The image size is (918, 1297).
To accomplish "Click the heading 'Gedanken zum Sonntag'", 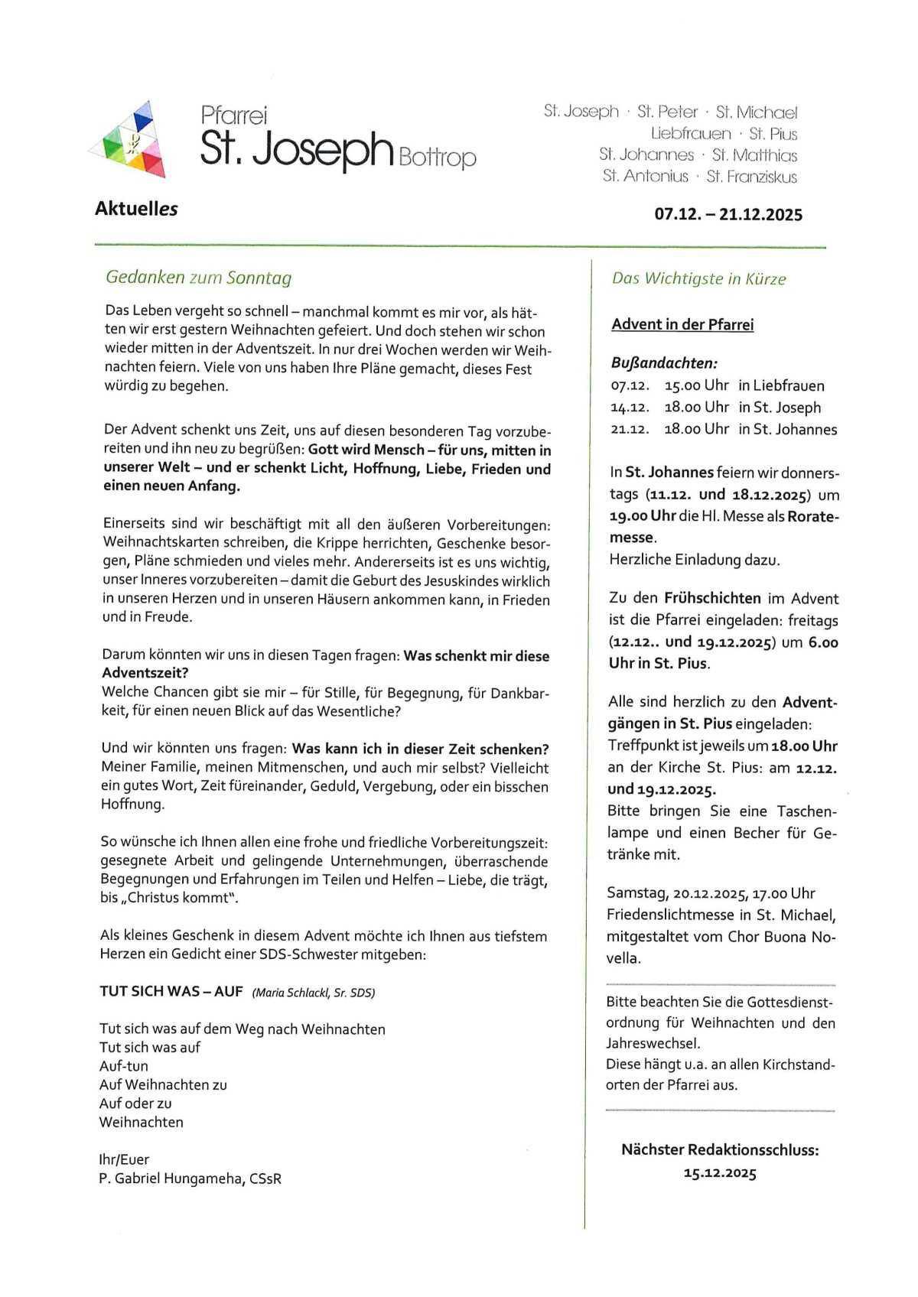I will [198, 278].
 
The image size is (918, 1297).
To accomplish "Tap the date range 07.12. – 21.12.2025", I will [728, 215].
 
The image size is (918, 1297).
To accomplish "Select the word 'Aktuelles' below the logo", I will [136, 208].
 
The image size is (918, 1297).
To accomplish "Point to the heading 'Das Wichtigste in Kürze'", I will [698, 279].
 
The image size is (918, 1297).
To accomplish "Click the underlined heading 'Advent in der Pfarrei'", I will [682, 325].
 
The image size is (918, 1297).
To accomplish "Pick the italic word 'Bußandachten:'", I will [662, 363].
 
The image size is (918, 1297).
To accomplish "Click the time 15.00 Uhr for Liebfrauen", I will [696, 385].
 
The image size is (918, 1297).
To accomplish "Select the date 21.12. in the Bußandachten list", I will [629, 429].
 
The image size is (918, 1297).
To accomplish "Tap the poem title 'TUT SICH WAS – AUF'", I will [171, 992].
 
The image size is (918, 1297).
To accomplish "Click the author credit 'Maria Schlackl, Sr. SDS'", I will [314, 993].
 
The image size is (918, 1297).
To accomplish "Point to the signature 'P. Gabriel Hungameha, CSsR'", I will [190, 1178].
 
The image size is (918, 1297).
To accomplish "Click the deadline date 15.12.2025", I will [719, 1173].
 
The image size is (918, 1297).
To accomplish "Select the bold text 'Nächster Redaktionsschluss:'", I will [719, 1149].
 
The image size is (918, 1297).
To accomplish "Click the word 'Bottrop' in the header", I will [437, 158].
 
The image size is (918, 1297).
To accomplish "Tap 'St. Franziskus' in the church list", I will [751, 177].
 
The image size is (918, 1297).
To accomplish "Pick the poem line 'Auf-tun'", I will [124, 1066].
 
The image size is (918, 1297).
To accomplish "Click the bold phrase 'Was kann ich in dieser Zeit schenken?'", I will [421, 749].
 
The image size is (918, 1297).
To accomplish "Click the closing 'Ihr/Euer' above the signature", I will [124, 1159].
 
